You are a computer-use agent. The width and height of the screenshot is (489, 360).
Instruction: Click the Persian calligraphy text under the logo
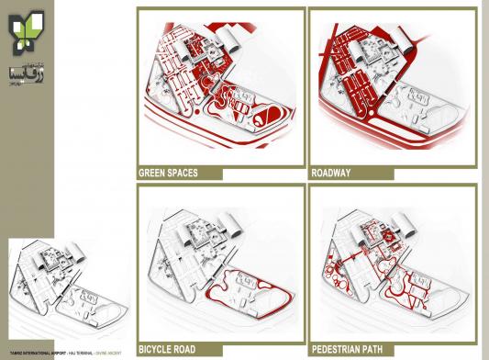26,68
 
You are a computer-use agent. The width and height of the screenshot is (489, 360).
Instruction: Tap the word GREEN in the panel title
151,172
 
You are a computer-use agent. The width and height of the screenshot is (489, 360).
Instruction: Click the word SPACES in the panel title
182,172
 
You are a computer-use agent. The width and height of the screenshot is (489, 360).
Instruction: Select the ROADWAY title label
332,172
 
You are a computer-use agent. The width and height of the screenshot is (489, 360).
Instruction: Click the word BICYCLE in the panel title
156,350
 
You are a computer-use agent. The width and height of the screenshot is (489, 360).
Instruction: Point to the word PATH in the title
385,350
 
